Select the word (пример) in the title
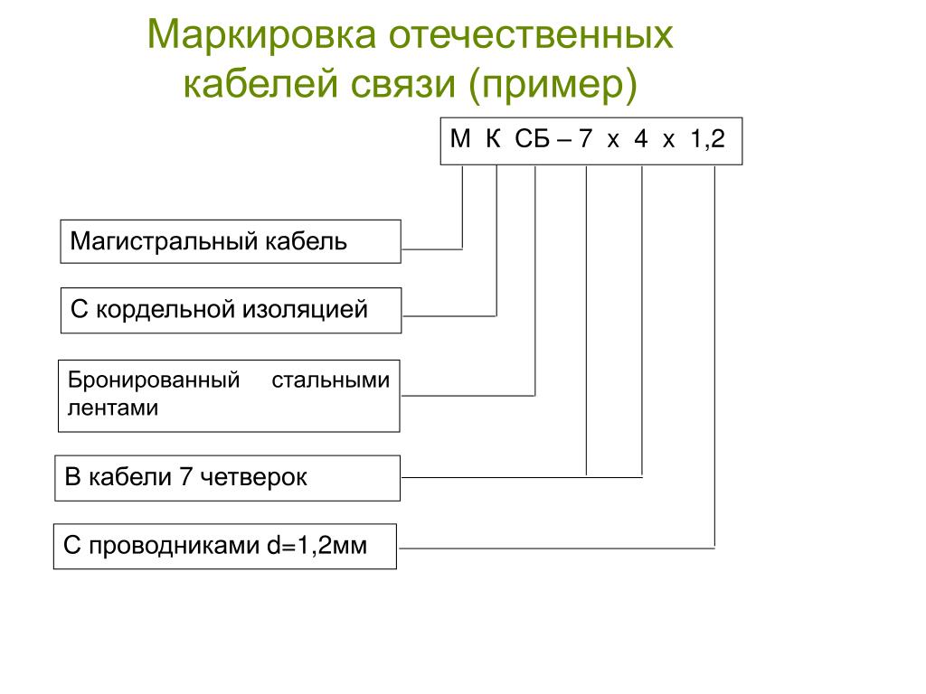coord(553,86)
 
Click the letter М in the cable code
coord(461,140)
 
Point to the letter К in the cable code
coord(493,140)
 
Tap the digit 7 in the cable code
coord(586,140)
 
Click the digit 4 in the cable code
coord(641,140)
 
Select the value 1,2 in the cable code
coord(707,140)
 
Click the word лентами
coord(113,408)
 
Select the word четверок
coord(254,477)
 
